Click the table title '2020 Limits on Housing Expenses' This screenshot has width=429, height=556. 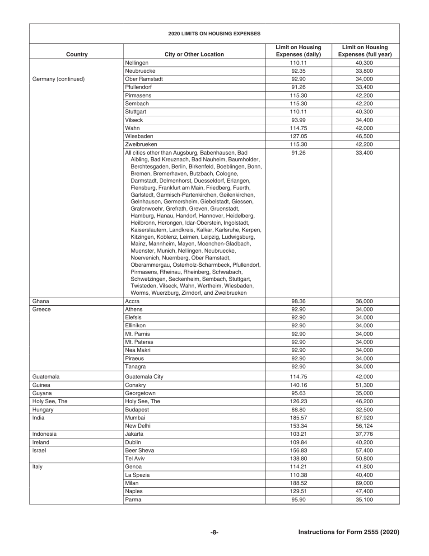(x=214, y=33)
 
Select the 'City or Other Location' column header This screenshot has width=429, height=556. (x=194, y=54)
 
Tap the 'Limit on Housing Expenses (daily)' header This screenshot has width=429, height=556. (x=298, y=51)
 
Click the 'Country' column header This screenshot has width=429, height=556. (x=77, y=54)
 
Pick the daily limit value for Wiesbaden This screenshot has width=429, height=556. (x=298, y=136)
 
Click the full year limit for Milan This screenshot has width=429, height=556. (x=365, y=483)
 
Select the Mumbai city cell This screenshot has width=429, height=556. (x=134, y=418)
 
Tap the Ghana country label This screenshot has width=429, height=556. (x=41, y=301)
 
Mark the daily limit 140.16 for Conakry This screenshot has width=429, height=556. (x=298, y=385)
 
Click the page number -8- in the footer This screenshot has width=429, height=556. (x=214, y=532)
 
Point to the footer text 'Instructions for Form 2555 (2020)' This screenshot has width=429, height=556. (x=349, y=532)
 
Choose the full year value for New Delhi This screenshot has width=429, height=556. (x=365, y=426)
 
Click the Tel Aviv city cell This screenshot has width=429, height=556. (x=135, y=458)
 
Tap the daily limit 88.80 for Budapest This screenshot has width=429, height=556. (x=298, y=410)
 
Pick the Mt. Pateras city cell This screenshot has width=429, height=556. (x=139, y=342)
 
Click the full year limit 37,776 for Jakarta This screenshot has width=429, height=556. (x=365, y=434)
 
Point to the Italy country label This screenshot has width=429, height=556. (x=38, y=467)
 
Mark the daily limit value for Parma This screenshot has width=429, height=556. (x=298, y=499)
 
